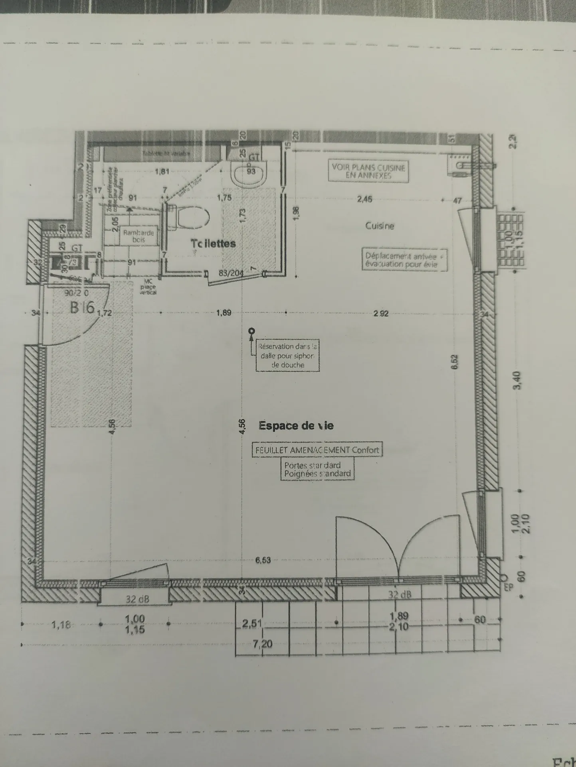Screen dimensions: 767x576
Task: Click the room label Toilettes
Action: click(213, 243)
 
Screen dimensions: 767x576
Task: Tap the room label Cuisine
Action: click(380, 226)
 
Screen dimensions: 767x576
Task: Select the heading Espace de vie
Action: click(296, 426)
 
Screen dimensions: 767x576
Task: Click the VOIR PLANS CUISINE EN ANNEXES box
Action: click(368, 171)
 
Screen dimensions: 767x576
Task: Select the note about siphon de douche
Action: click(287, 356)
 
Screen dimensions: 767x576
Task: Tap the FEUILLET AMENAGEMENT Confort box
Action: click(317, 450)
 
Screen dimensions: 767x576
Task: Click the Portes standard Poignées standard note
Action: click(317, 469)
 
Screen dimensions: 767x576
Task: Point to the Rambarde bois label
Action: click(138, 236)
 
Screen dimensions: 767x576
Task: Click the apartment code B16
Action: click(82, 307)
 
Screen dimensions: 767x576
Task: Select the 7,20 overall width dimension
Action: click(262, 643)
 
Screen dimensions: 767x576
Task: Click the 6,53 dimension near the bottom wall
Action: click(263, 560)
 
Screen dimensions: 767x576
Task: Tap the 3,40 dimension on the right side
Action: click(517, 380)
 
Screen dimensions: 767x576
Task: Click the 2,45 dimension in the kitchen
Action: click(364, 199)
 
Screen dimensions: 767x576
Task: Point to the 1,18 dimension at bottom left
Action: click(61, 625)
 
